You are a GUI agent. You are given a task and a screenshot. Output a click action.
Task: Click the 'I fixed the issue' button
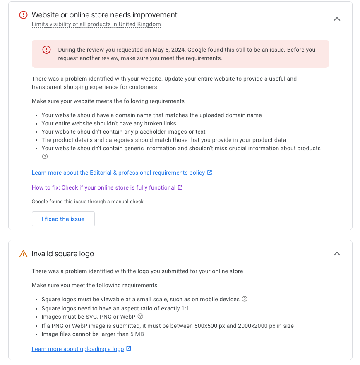point(63,219)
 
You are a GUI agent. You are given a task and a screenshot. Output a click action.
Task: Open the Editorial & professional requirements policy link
point(118,173)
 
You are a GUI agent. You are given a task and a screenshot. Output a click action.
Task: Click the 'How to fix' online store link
point(103,187)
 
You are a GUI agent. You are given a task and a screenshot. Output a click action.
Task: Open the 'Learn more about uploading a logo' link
point(78,349)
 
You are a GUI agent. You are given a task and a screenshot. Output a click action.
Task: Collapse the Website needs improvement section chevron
point(337,19)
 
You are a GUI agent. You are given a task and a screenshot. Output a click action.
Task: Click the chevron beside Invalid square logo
point(337,254)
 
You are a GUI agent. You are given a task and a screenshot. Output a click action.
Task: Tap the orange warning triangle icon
point(23,254)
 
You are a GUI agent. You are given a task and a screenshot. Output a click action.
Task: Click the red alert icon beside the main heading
point(23,15)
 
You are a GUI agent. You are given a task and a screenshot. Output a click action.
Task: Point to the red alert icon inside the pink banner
point(46,50)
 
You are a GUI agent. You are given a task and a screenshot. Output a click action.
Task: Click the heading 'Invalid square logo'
point(63,254)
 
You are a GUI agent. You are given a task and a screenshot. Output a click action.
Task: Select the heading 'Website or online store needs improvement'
point(104,15)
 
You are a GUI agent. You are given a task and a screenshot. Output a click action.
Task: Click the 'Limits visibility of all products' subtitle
point(96,24)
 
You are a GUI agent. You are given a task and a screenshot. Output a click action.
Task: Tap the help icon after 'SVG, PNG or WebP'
point(140,316)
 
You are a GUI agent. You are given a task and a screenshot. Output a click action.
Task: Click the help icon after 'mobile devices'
point(245,299)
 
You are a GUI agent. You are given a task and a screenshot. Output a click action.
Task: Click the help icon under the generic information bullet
point(45,156)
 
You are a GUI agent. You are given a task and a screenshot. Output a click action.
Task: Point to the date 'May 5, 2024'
point(170,50)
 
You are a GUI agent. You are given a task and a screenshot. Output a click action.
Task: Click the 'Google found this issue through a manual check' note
point(87,202)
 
